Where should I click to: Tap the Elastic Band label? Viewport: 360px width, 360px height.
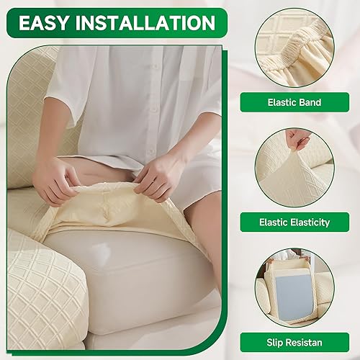[x=294, y=102]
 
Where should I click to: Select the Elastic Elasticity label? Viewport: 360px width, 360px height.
[x=294, y=222]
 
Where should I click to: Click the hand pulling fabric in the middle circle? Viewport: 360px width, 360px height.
[x=297, y=138]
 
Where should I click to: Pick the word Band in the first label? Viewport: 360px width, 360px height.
[x=309, y=102]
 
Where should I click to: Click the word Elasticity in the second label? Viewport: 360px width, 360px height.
[x=307, y=222]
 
